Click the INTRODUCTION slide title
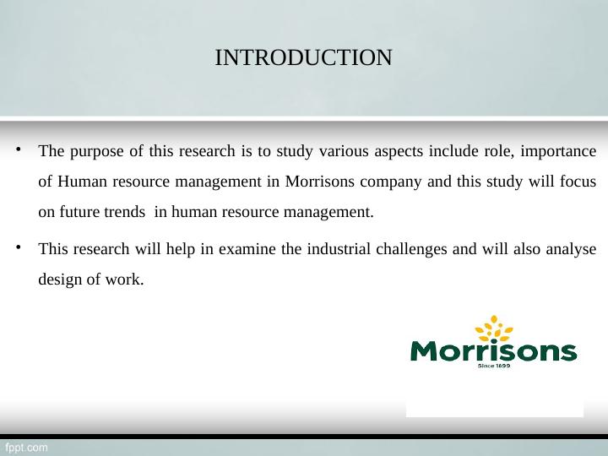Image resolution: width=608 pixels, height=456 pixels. point(303,57)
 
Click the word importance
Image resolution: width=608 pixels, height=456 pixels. point(558,152)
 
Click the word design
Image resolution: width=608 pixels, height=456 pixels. point(59,280)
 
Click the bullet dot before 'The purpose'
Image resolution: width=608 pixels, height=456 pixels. point(18,149)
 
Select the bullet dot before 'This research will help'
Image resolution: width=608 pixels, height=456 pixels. point(18,247)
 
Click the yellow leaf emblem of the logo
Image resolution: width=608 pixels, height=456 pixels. point(494,328)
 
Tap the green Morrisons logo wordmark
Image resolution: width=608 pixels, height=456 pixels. point(494,351)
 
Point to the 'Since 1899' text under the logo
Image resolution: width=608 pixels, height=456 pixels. point(494,366)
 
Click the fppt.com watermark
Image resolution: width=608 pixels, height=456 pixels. point(26,448)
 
